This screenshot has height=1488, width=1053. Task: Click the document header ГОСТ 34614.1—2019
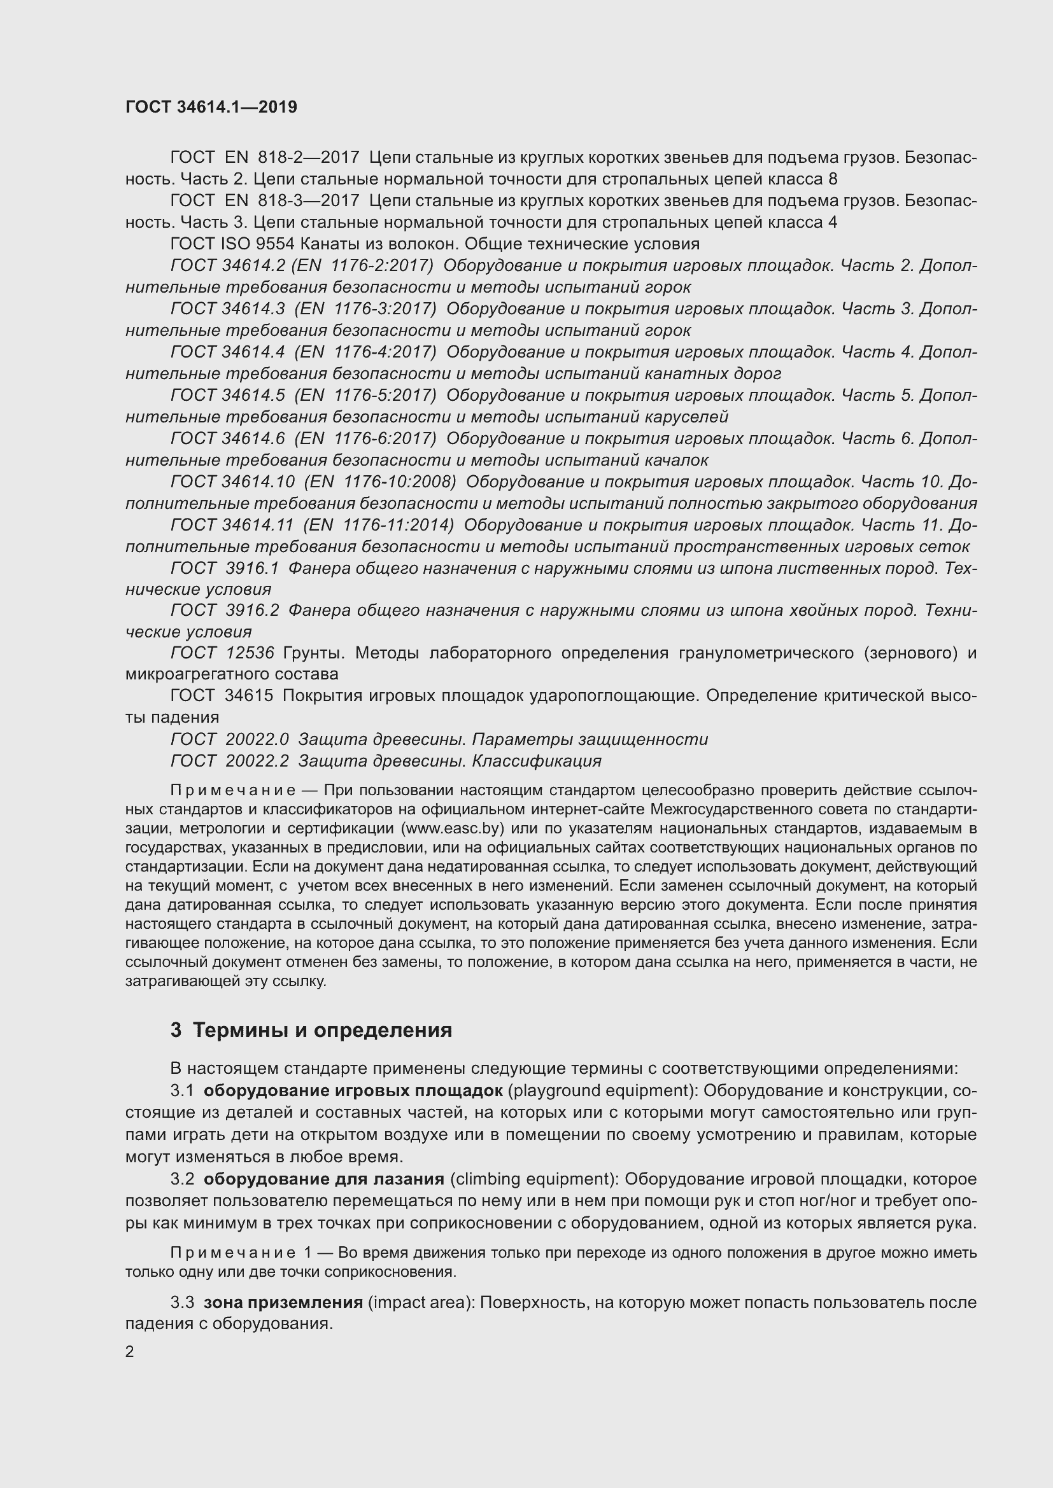coord(211,107)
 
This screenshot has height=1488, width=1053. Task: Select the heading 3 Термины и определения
coord(311,1030)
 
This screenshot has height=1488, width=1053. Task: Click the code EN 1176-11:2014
coord(379,524)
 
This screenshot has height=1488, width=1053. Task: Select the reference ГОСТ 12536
coord(222,653)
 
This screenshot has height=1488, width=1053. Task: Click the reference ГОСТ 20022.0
coord(230,739)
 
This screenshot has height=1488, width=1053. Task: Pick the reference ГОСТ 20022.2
coord(230,760)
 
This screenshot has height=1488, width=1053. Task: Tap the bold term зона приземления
coord(283,1302)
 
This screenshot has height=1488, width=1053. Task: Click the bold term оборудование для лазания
coord(324,1178)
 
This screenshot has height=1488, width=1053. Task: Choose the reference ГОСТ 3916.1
coord(224,568)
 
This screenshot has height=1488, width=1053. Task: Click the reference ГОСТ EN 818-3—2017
coord(265,201)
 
